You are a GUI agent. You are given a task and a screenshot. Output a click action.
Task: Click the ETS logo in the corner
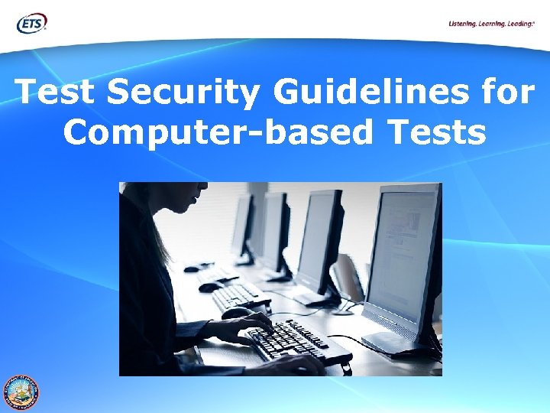coord(32,23)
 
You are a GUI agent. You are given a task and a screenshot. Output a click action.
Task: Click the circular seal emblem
coord(21,392)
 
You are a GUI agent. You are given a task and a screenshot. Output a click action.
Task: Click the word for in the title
coord(508,93)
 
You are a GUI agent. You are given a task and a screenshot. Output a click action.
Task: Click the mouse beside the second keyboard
coord(208,287)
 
